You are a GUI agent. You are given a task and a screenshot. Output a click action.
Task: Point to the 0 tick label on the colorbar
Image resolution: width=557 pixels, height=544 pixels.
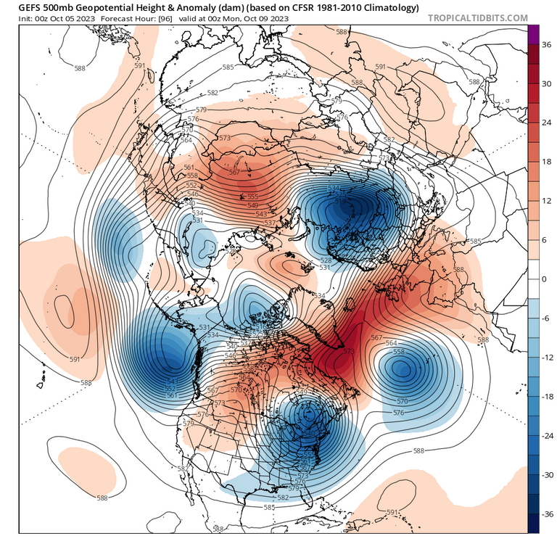click(546, 279)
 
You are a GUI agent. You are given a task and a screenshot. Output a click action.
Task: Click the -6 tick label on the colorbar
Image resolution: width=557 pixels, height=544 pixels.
click(548, 318)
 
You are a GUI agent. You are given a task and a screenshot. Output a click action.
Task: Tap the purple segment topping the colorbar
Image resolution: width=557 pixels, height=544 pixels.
click(533, 33)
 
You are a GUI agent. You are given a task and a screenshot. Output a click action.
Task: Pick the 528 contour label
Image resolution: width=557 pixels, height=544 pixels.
click(326, 260)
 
